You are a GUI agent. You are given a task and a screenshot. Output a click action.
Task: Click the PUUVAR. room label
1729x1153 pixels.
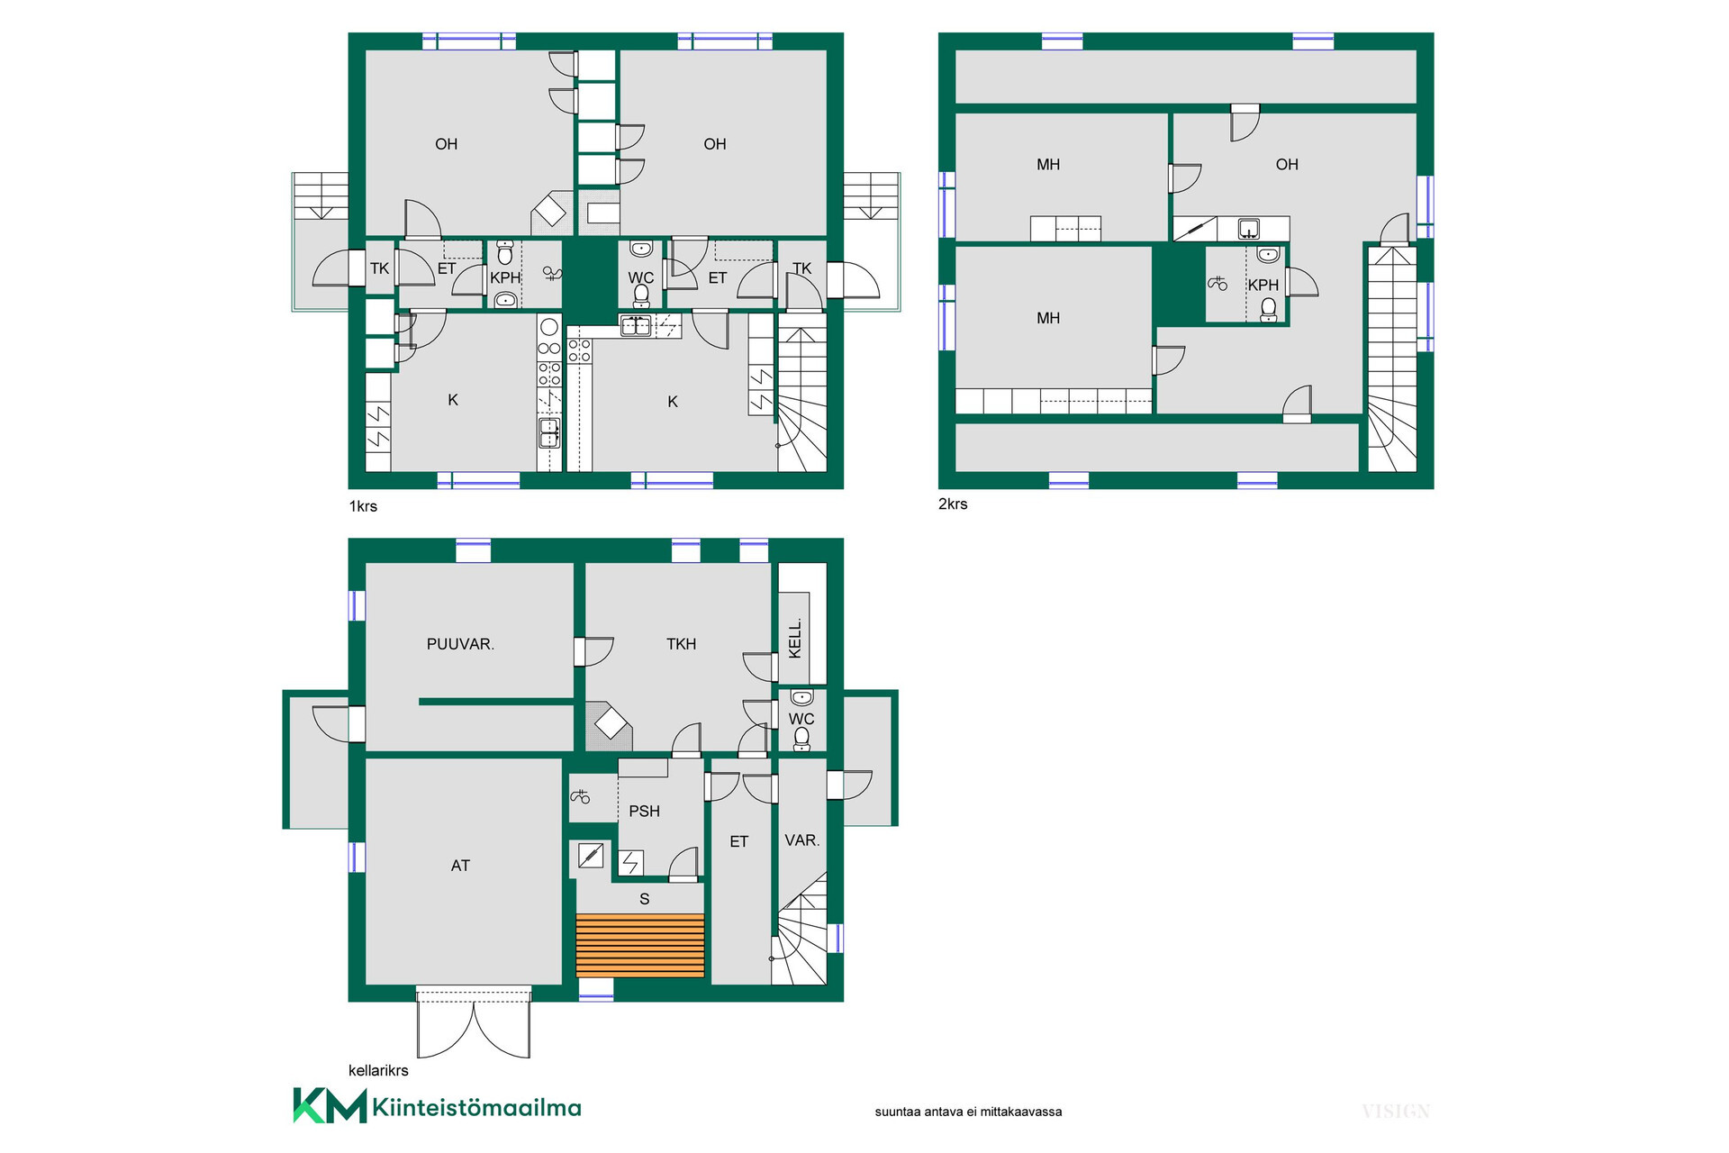tap(460, 644)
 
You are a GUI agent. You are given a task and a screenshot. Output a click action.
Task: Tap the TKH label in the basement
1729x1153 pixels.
tap(681, 644)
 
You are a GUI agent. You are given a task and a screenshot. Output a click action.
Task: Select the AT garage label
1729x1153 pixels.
tap(460, 866)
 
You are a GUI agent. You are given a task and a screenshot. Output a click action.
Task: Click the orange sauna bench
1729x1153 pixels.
tap(640, 946)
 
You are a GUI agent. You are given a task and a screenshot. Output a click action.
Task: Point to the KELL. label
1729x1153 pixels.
tap(795, 639)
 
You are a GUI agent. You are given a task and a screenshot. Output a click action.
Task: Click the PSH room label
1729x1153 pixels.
tap(644, 811)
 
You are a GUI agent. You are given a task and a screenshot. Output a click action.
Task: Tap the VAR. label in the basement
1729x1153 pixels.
tap(801, 840)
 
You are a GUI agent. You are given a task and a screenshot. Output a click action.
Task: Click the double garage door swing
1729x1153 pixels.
tap(474, 1026)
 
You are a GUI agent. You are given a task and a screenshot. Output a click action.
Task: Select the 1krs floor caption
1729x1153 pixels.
tap(363, 506)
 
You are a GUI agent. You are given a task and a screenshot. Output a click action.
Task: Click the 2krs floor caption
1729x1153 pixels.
tap(953, 504)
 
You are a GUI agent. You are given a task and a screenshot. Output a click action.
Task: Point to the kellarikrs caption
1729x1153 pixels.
tap(378, 1070)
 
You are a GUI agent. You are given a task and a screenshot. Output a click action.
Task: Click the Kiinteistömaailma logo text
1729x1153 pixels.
tap(476, 1107)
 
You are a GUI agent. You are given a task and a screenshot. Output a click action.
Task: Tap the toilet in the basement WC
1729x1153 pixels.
tap(801, 739)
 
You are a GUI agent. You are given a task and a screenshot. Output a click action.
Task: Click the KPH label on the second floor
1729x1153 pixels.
tap(1263, 285)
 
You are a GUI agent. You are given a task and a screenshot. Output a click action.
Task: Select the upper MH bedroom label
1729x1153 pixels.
tap(1048, 165)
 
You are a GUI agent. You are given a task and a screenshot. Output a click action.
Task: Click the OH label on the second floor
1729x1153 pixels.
tap(1287, 165)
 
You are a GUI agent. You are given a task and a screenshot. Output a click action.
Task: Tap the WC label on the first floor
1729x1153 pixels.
tap(640, 277)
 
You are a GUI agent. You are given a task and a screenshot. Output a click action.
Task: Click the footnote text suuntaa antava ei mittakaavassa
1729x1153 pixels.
tap(968, 1112)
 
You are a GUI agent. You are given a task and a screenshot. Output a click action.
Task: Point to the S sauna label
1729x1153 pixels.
tap(644, 899)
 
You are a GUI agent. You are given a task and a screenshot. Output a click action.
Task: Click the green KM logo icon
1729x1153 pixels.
tap(330, 1105)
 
